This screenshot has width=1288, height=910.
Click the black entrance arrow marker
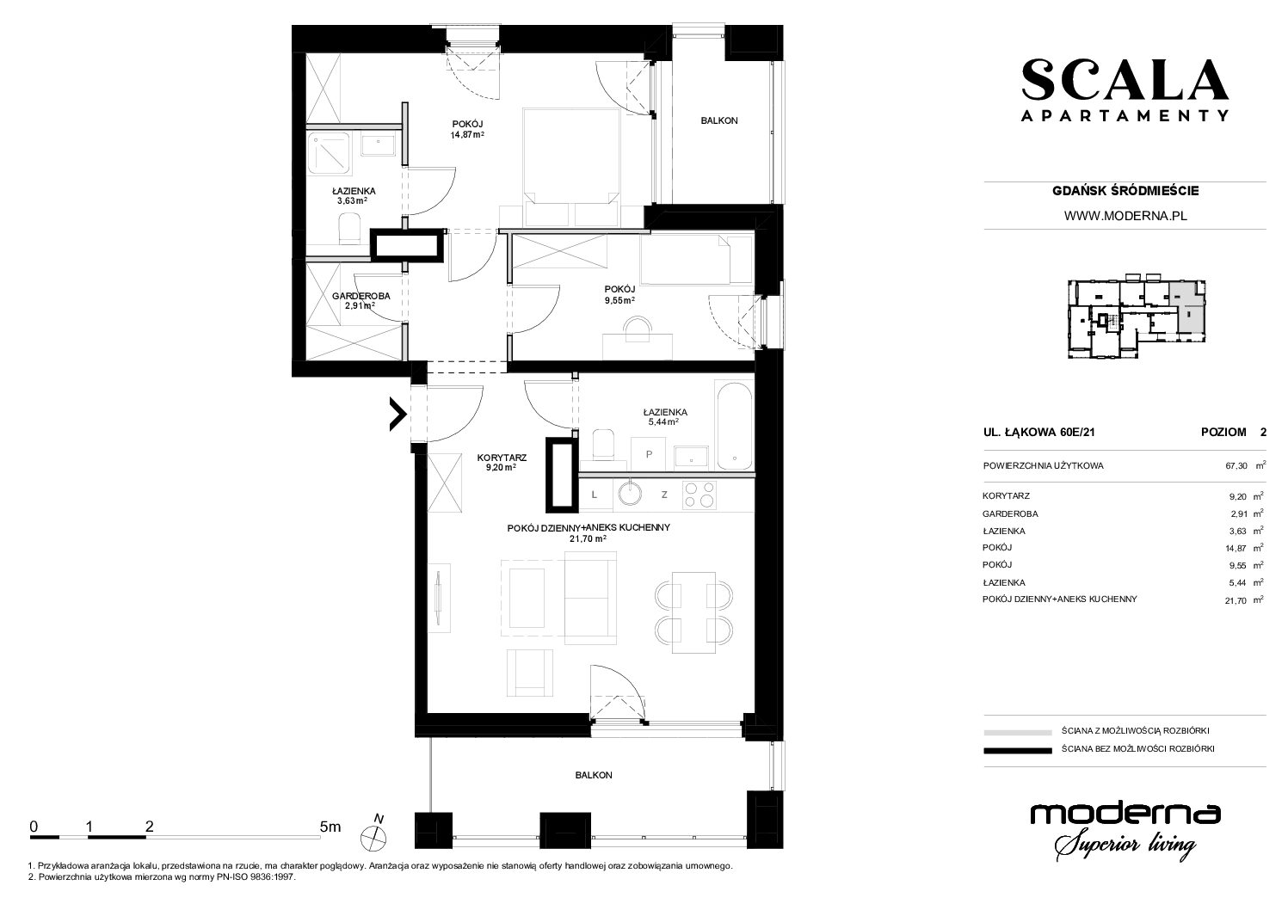click(x=397, y=414)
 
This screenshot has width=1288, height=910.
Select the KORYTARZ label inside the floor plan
click(x=502, y=458)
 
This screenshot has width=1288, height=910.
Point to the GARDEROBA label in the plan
click(x=361, y=296)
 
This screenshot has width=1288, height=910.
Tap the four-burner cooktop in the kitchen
click(x=699, y=495)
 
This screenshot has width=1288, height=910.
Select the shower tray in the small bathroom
click(x=329, y=153)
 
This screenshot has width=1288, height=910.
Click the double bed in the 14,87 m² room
click(x=571, y=167)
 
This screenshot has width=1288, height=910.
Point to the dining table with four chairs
click(x=694, y=612)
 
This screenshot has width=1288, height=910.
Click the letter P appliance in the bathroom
click(x=649, y=454)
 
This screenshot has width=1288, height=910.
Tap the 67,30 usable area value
click(x=1236, y=466)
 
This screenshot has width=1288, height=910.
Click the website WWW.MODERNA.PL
click(x=1125, y=216)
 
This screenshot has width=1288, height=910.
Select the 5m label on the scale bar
click(x=330, y=827)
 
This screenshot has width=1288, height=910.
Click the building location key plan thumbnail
click(x=1137, y=319)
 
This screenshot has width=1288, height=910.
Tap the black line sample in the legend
click(x=1018, y=750)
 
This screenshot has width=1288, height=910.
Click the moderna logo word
click(x=1125, y=814)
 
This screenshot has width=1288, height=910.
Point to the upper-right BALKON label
click(x=718, y=120)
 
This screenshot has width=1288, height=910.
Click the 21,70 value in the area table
click(x=1236, y=600)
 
